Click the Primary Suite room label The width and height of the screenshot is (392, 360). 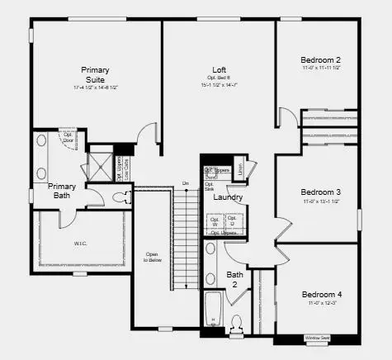95,74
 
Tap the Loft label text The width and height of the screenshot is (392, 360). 219,69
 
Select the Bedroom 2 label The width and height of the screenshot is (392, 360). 320,59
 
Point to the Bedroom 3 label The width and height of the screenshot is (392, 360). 320,192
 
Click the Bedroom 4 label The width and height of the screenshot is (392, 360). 320,295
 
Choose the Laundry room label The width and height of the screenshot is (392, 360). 227,197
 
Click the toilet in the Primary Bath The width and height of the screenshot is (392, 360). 122,197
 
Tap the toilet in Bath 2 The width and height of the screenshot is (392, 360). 237,323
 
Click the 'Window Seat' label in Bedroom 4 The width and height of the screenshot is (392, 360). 317,338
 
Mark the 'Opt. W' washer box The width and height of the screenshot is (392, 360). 215,220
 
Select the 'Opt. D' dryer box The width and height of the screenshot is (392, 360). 232,220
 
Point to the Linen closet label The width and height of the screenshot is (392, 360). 239,170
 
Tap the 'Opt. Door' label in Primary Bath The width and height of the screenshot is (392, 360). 68,137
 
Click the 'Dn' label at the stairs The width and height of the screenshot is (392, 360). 186,182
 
